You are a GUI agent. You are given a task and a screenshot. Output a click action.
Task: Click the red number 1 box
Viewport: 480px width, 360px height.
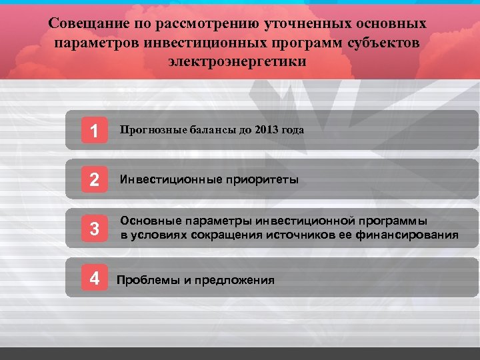click(x=94, y=131)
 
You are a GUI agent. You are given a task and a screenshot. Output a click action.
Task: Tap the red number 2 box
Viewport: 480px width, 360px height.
click(x=94, y=180)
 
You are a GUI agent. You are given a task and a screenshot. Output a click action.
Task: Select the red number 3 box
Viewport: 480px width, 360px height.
click(x=94, y=229)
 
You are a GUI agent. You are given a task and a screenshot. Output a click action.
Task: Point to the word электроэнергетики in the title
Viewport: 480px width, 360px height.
click(x=237, y=62)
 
